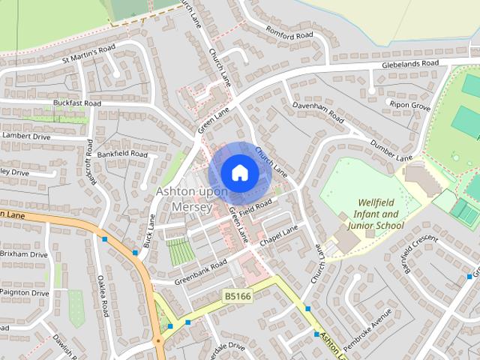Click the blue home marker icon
(x=239, y=172)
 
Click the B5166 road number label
(x=236, y=298)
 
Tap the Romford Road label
(x=289, y=31)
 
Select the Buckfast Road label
(x=76, y=103)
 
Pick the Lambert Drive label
(x=25, y=136)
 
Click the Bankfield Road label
(x=122, y=154)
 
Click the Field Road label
(x=256, y=205)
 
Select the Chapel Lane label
(x=279, y=235)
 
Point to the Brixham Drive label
(x=24, y=255)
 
